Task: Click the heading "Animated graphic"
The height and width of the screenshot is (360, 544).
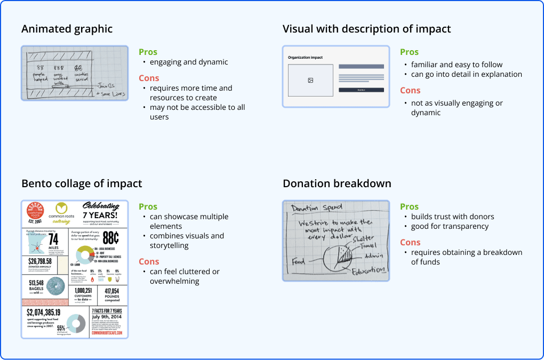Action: pos(67,29)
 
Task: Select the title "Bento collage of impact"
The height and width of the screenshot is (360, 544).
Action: pos(82,183)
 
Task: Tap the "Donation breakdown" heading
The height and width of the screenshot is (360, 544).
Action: pos(337,183)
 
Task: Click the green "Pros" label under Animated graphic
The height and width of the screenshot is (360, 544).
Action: pos(148,52)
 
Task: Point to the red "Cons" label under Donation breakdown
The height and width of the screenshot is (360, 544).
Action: pos(410,243)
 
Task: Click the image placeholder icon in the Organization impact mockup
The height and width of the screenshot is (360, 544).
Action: pos(310,81)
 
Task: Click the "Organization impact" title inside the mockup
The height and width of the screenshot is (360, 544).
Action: pos(305,57)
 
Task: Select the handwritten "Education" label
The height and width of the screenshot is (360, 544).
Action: pos(369,271)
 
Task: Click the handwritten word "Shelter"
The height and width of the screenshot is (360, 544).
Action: pos(363,238)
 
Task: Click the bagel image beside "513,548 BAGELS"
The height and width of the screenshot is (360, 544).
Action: pos(54,286)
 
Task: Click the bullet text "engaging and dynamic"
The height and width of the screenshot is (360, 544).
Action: pos(189,62)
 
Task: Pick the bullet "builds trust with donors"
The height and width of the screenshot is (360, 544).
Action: pos(452,217)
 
